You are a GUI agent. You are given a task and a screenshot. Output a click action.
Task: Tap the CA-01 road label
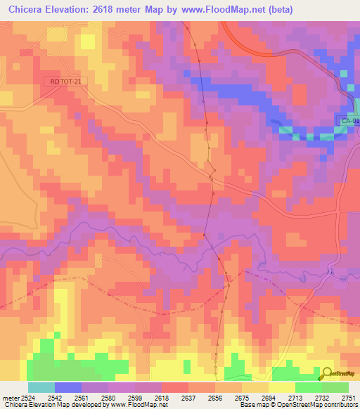tap(349, 121)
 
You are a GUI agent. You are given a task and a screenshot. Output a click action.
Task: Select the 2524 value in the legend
tap(27, 398)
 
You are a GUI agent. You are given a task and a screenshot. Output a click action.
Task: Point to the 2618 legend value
tap(162, 398)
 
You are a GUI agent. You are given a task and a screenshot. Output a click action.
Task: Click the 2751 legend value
tap(348, 398)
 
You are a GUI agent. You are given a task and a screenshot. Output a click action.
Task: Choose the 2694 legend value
tap(269, 398)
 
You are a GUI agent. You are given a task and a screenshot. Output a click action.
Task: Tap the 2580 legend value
tap(109, 398)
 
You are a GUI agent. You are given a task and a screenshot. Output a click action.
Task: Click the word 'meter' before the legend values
tap(11, 398)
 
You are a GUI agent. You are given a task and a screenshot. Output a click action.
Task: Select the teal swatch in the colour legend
tap(41, 387)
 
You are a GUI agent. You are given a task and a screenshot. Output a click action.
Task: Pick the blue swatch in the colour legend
tap(68, 387)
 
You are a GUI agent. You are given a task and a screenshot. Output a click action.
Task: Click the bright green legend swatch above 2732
tap(309, 387)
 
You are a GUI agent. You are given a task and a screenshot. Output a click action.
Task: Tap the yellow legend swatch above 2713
tap(282, 387)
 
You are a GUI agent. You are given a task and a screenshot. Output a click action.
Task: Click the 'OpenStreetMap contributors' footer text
tap(316, 405)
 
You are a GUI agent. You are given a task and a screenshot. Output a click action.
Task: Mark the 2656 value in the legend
tap(215, 398)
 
